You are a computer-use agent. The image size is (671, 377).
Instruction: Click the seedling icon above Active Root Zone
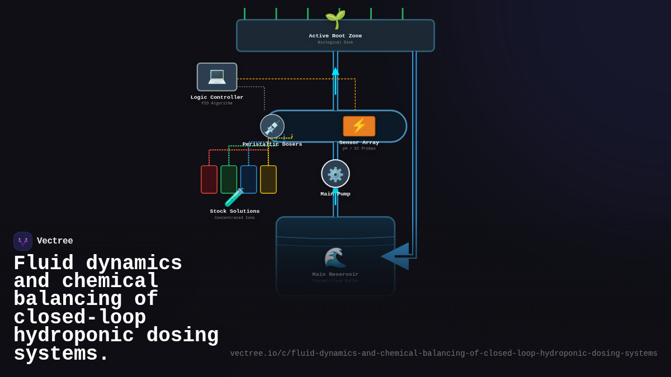[335, 19]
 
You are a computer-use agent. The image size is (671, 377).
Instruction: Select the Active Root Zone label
[335, 36]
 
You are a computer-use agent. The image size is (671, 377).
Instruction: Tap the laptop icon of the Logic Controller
[217, 77]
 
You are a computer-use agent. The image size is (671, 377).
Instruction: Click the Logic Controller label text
[217, 97]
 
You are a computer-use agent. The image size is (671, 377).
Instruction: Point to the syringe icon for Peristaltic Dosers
[272, 126]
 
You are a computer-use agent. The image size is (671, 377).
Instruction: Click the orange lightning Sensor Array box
[359, 126]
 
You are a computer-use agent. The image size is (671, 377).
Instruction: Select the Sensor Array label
[359, 142]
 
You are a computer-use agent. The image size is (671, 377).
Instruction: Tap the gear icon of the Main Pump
[335, 174]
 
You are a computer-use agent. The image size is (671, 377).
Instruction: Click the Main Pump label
[335, 194]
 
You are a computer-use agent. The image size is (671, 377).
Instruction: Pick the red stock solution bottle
[209, 179]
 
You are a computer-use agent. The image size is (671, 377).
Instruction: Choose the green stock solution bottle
[229, 179]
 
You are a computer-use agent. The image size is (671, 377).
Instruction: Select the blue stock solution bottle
[249, 179]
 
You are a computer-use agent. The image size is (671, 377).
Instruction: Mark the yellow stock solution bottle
[268, 179]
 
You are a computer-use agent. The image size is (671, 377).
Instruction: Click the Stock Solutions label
[235, 211]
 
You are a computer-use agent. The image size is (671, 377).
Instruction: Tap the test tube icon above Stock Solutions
[234, 197]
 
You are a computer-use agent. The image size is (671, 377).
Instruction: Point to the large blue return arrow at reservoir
[396, 256]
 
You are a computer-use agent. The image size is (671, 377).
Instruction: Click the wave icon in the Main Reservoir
[335, 257]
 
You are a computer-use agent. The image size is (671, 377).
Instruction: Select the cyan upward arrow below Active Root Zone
[335, 78]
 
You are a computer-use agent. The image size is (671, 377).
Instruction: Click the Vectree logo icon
[23, 241]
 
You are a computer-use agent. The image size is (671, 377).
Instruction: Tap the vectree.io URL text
[443, 354]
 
